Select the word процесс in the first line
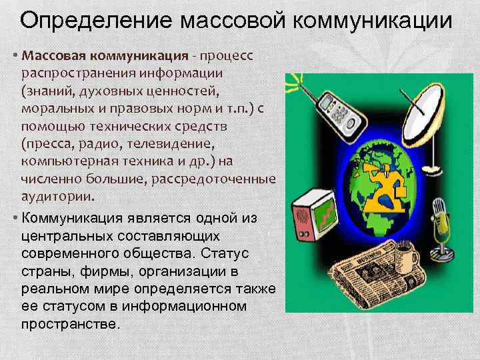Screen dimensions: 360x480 point(228,53)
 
